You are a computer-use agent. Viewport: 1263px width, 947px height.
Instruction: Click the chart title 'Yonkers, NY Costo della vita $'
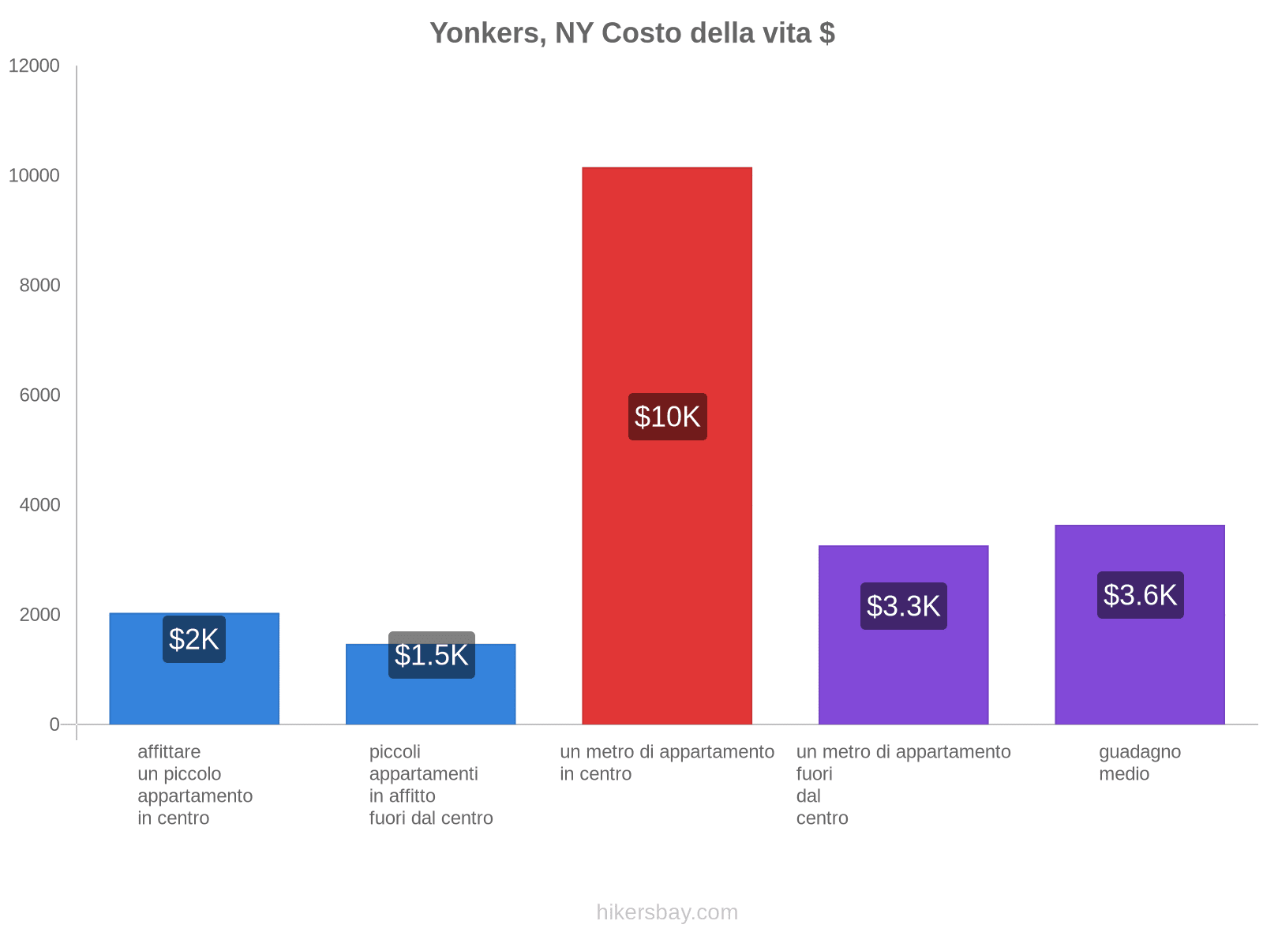pyautogui.click(x=631, y=33)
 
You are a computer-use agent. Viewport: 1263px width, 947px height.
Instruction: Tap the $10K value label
pyautogui.click(x=667, y=417)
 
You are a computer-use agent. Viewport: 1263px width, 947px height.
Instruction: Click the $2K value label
pyautogui.click(x=194, y=639)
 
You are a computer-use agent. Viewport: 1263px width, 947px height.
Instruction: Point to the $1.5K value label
pyautogui.click(x=431, y=655)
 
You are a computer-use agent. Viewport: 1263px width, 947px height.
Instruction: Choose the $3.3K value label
pyautogui.click(x=903, y=606)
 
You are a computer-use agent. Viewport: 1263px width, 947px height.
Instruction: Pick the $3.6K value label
pyautogui.click(x=1140, y=595)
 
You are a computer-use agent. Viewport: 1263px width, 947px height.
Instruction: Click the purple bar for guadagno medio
pyautogui.click(x=1140, y=671)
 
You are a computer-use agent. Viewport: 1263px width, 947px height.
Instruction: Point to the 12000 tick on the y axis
pyautogui.click(x=35, y=66)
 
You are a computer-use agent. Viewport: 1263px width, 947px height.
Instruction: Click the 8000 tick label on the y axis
pyautogui.click(x=40, y=286)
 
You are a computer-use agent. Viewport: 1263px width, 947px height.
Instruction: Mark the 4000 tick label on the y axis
pyautogui.click(x=40, y=505)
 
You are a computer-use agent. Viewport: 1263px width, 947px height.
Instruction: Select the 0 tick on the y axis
pyautogui.click(x=54, y=724)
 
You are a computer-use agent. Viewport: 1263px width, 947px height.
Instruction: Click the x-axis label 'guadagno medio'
pyautogui.click(x=1139, y=762)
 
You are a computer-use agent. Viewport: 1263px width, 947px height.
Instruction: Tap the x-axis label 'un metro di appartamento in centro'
pyautogui.click(x=667, y=762)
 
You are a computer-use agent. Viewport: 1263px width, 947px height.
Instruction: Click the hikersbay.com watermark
pyautogui.click(x=667, y=912)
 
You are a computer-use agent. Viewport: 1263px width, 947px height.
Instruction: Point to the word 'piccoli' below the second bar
pyautogui.click(x=395, y=752)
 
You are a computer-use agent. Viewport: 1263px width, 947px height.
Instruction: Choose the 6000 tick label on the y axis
pyautogui.click(x=40, y=395)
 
